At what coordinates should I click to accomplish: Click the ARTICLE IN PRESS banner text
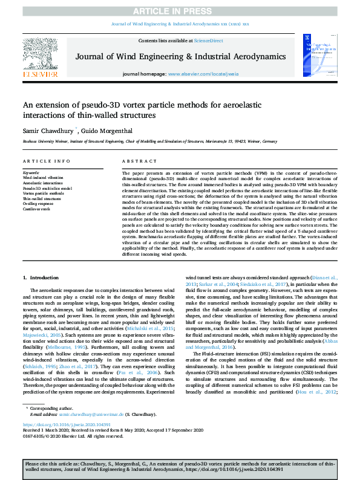click(x=180, y=11)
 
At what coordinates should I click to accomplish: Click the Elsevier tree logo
click(x=42, y=54)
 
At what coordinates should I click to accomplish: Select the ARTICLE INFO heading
click(x=44, y=162)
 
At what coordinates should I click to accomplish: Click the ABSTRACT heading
click(x=136, y=162)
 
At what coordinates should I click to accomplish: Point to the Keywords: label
click(x=31, y=173)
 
